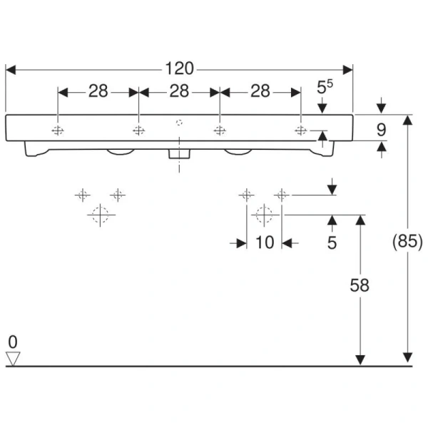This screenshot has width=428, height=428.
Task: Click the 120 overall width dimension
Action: [x=180, y=68]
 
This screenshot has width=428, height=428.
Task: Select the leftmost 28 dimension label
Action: [x=98, y=91]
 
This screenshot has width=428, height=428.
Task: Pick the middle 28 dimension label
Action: [x=179, y=91]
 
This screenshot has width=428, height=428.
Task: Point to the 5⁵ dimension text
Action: [x=325, y=88]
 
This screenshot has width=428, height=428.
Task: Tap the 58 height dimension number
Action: [x=360, y=285]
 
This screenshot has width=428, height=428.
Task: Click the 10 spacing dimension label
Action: [x=264, y=243]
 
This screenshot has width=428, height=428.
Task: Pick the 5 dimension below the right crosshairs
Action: [x=332, y=243]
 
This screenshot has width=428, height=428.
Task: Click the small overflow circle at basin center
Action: [x=179, y=122]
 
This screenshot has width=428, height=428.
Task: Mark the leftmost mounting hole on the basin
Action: [x=57, y=130]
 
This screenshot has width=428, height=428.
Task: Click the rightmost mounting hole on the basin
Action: [x=301, y=130]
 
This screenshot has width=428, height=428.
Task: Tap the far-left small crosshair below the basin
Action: [x=83, y=193]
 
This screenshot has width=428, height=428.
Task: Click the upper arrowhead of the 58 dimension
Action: [x=360, y=220]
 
